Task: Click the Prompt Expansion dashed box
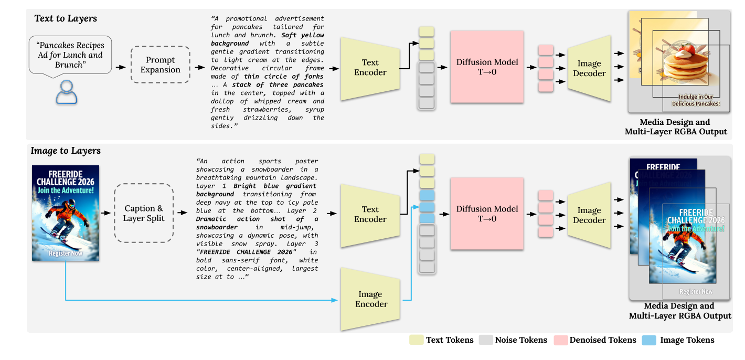(160, 65)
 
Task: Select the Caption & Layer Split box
(144, 213)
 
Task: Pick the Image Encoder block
(370, 299)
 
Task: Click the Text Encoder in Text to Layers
(370, 68)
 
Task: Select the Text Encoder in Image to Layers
(370, 215)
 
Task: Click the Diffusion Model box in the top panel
(487, 67)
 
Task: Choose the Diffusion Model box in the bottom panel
(487, 214)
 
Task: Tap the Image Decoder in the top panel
(589, 68)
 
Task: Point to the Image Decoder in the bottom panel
(589, 215)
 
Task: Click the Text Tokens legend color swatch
(416, 340)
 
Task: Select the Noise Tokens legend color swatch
(485, 340)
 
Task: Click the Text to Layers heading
(66, 18)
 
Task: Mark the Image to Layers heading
(66, 151)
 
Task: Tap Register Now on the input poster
(66, 253)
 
